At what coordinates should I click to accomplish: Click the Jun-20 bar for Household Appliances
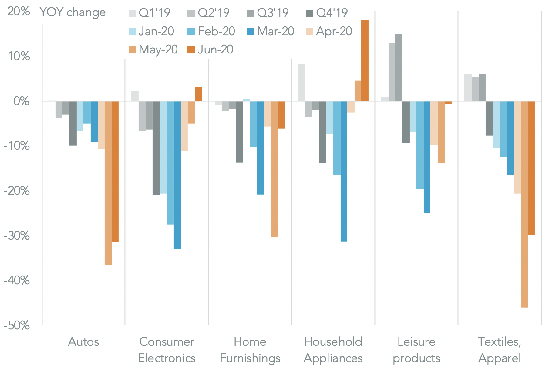(x=365, y=60)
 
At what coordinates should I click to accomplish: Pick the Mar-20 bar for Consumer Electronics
(x=177, y=175)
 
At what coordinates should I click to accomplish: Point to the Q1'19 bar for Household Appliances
(x=302, y=82)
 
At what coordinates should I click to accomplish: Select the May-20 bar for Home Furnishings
(x=274, y=169)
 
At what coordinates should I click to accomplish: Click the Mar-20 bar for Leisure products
(x=427, y=157)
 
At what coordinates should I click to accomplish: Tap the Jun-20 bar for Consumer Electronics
(x=199, y=94)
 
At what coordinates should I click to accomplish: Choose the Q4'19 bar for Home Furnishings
(x=240, y=132)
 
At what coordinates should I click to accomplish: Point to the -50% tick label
(x=17, y=325)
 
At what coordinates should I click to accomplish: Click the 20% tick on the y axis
(x=19, y=11)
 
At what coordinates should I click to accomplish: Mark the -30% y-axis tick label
(x=17, y=236)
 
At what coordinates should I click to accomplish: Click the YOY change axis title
(x=72, y=12)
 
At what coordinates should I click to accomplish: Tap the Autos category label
(x=83, y=342)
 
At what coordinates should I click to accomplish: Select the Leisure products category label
(x=416, y=350)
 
